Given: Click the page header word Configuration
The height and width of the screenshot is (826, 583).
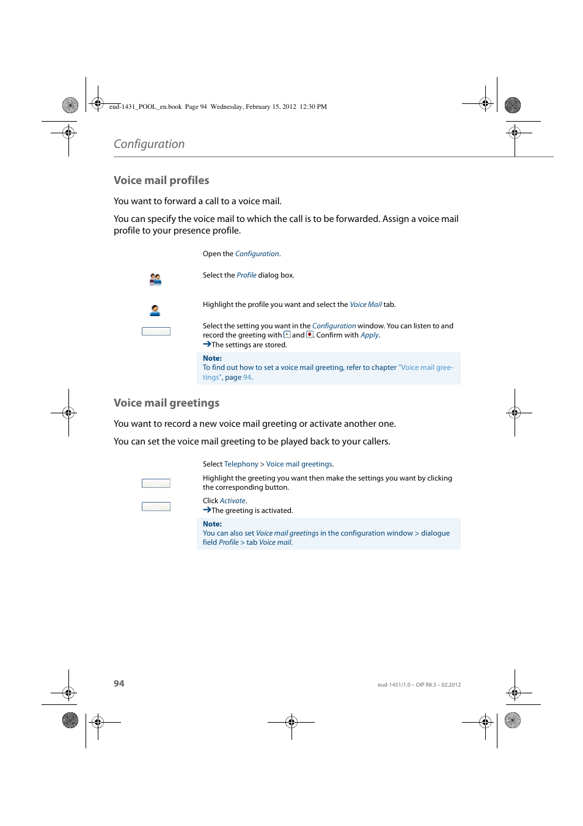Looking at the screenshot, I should (x=149, y=144).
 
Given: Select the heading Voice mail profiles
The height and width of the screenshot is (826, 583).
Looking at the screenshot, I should (x=161, y=180).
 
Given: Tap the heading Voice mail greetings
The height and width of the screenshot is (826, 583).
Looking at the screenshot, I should (x=166, y=403).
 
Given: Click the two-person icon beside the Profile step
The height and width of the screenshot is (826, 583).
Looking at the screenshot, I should (x=155, y=279).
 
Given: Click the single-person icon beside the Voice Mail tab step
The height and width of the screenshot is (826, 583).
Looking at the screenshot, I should (x=155, y=311).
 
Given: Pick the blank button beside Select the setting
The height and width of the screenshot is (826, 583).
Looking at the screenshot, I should (x=156, y=331).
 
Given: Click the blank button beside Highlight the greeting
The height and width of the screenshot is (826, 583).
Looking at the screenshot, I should (x=156, y=483).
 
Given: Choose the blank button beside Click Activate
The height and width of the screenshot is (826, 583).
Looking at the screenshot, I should (x=156, y=506).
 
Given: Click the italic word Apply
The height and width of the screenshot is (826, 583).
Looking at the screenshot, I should (x=369, y=335).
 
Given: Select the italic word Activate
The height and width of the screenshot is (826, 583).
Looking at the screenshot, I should (x=232, y=501).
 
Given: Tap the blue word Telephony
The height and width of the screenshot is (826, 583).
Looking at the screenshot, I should (x=241, y=464).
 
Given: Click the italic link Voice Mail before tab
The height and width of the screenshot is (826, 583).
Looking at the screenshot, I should (x=365, y=304).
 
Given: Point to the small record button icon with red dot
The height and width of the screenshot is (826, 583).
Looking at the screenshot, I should (x=310, y=334).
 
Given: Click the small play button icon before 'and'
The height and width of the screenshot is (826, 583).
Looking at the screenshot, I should (x=287, y=334).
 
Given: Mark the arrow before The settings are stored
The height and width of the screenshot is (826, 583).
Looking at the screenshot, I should (x=207, y=344).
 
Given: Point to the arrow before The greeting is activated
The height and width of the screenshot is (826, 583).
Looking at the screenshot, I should (x=207, y=510).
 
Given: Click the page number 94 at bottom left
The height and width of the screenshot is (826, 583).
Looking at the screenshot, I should (x=119, y=684).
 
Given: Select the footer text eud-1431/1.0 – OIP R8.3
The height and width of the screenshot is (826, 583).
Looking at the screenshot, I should (x=419, y=685).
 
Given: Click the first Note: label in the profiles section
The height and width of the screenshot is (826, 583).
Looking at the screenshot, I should (x=212, y=358).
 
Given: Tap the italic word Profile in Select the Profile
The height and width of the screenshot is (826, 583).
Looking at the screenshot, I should (x=246, y=275).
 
